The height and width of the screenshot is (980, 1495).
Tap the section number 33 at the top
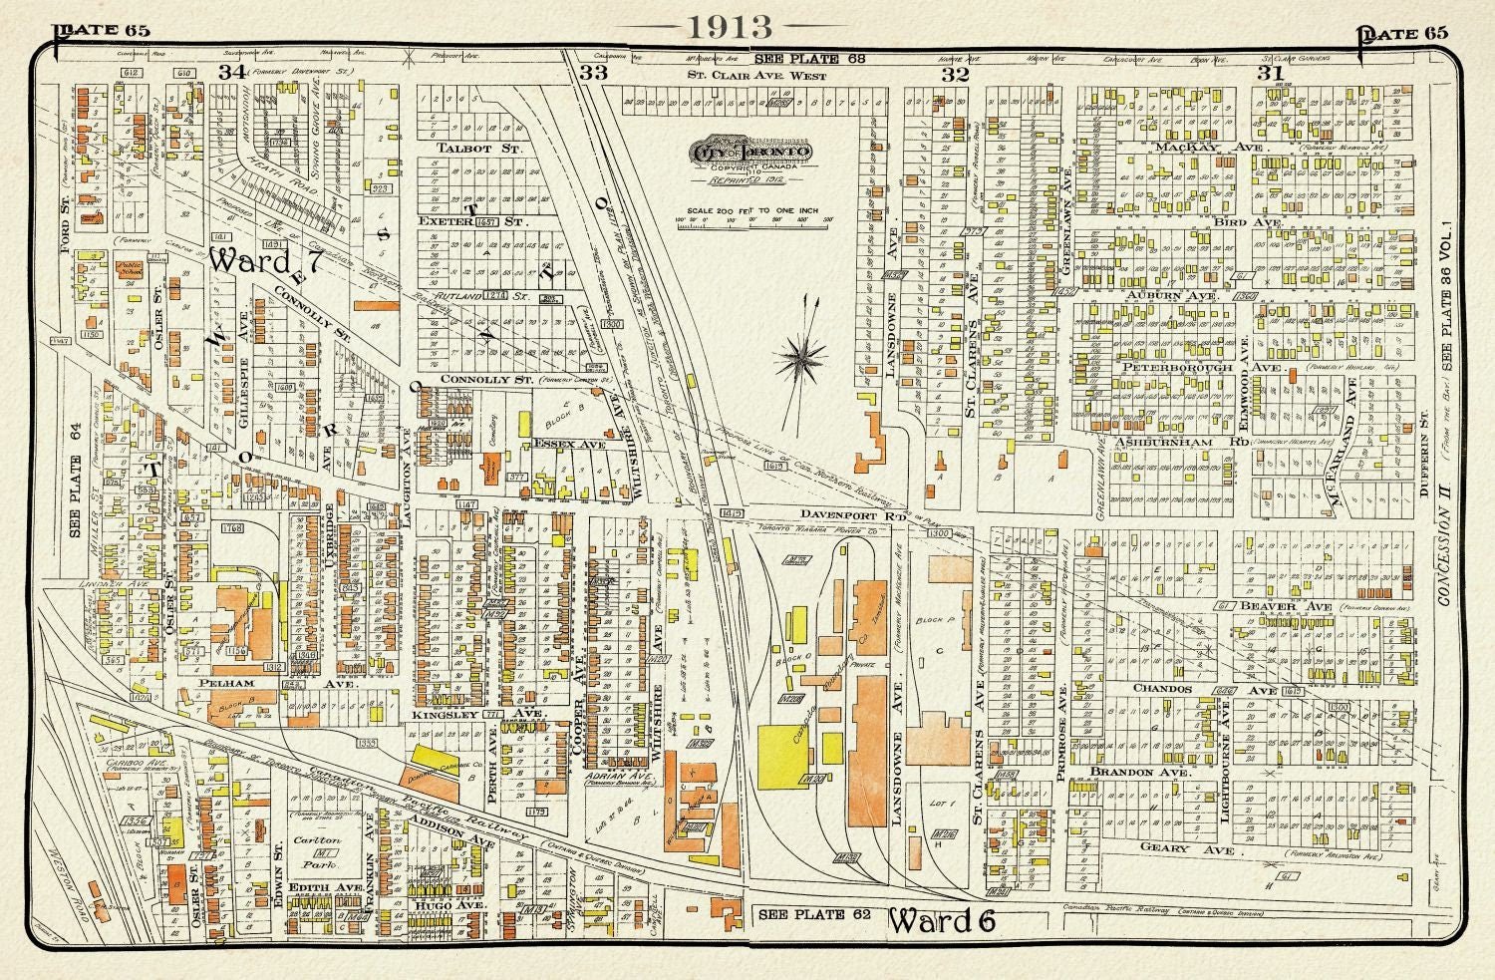593,73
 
